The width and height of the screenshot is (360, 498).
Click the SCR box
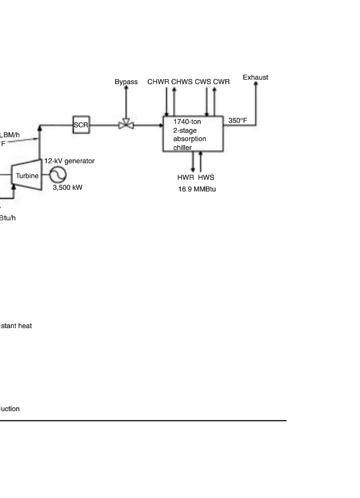[81, 125]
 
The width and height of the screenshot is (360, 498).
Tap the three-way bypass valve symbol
[126, 125]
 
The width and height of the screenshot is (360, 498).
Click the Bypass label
[126, 82]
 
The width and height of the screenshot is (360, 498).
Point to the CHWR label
[158, 82]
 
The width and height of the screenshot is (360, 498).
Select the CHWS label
[182, 82]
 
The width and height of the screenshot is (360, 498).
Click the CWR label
[221, 82]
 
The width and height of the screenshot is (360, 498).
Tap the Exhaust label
[255, 77]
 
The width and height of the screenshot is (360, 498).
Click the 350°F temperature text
[238, 121]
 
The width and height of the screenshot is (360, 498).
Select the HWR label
[186, 178]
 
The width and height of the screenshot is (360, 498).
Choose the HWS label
[206, 178]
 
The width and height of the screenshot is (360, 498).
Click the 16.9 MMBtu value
[197, 189]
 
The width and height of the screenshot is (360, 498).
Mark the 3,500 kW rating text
[67, 188]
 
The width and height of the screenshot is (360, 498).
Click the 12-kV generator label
[70, 161]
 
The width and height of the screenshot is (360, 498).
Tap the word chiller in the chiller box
[182, 148]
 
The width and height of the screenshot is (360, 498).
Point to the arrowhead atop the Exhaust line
[255, 85]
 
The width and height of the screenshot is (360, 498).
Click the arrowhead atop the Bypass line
[126, 89]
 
